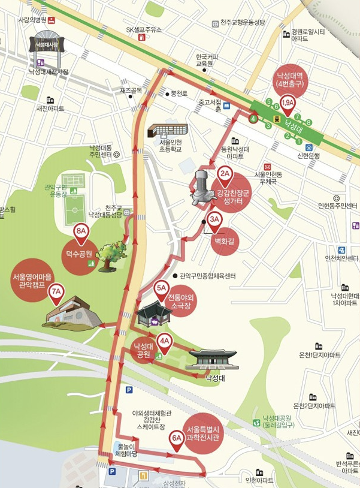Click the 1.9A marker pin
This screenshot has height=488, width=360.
(288, 104)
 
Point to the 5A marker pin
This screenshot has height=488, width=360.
(161, 289)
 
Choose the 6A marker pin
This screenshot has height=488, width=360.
(177, 438)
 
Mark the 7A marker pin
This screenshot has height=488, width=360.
(57, 293)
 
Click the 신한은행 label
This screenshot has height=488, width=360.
(326, 155)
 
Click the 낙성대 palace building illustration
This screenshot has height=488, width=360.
(211, 359)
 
